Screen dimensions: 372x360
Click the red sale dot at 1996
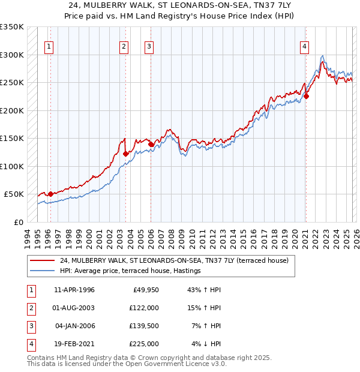click(x=50, y=194)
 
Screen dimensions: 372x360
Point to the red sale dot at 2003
click(x=125, y=154)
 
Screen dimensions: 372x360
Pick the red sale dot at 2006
click(x=150, y=144)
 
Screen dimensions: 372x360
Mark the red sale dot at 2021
click(x=306, y=96)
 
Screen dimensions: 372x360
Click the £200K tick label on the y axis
click(x=12, y=110)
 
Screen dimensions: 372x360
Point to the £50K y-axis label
click(x=14, y=194)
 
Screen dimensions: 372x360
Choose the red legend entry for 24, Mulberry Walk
click(x=174, y=260)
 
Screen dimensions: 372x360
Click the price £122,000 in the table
click(x=145, y=308)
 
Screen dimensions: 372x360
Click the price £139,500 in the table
click(x=145, y=326)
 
